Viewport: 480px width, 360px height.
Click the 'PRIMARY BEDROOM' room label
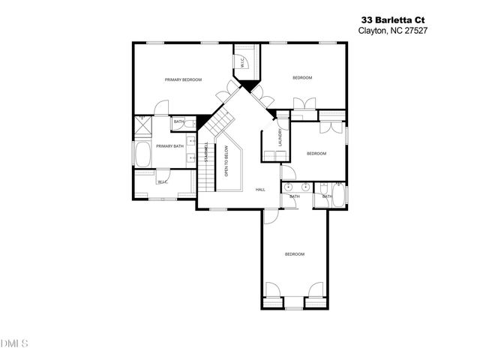(x=184, y=79)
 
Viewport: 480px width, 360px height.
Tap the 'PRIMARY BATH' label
(x=169, y=146)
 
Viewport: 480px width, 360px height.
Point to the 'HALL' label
(x=260, y=189)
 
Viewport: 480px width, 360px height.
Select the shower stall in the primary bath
(x=142, y=126)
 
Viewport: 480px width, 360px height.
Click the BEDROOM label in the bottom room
(x=295, y=254)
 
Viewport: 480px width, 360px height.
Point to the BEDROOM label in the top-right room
(x=302, y=78)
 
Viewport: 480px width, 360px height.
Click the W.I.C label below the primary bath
(x=162, y=182)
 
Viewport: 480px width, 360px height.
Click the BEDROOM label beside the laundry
(x=316, y=154)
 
